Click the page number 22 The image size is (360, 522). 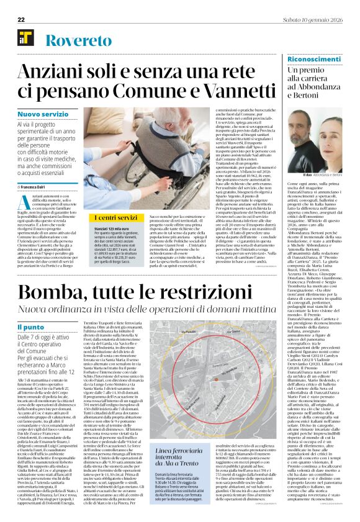pos(21,20)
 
